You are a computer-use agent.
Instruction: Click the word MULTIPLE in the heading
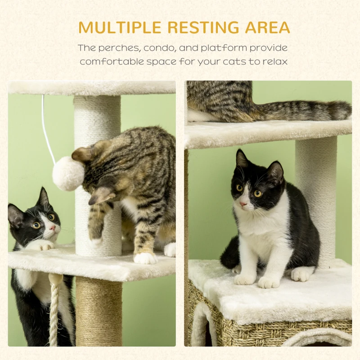[119, 27]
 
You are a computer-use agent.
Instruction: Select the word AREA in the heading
[267, 27]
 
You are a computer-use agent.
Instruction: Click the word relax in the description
[275, 61]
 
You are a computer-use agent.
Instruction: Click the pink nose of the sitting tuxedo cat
[243, 204]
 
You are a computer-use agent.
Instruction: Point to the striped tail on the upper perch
[306, 110]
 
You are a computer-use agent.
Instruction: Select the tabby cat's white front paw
[145, 258]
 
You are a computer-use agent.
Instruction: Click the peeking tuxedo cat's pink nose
[53, 228]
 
